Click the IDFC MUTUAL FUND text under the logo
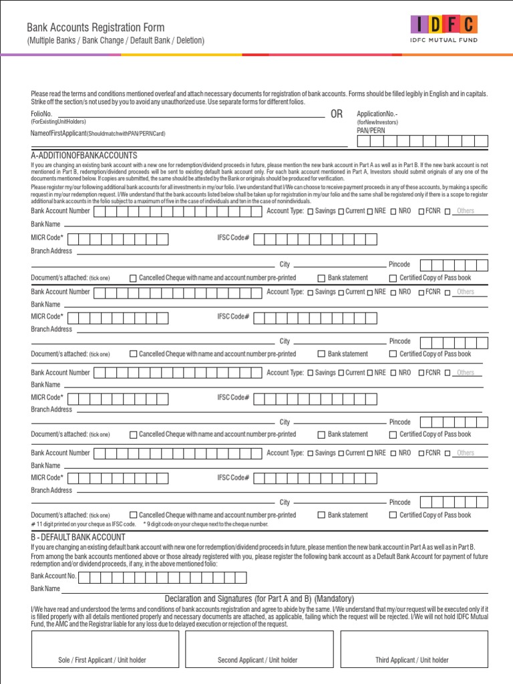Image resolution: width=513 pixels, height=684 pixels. click(444, 40)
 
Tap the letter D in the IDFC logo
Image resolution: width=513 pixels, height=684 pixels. click(436, 25)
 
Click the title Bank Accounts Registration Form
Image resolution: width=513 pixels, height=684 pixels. click(95, 27)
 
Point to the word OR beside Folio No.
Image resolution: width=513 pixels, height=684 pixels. click(337, 114)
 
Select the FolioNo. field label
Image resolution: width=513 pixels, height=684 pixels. click(41, 114)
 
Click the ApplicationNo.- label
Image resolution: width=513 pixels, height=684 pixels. click(377, 114)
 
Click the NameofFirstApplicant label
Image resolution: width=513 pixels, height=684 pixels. click(59, 134)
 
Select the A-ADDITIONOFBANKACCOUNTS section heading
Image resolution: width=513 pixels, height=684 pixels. click(83, 156)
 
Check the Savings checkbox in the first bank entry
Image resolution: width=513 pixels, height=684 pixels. click(310, 212)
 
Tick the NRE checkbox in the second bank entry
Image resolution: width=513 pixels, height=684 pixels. click(369, 293)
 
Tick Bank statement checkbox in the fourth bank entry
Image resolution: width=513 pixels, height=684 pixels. click(321, 515)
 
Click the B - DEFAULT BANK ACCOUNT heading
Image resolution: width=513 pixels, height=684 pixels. click(77, 537)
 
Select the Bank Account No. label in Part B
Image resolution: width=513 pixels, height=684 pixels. click(53, 576)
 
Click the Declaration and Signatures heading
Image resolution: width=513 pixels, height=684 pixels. click(259, 598)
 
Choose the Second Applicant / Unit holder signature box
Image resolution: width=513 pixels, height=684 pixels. click(258, 649)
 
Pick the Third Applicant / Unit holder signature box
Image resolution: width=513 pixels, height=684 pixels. click(412, 649)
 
